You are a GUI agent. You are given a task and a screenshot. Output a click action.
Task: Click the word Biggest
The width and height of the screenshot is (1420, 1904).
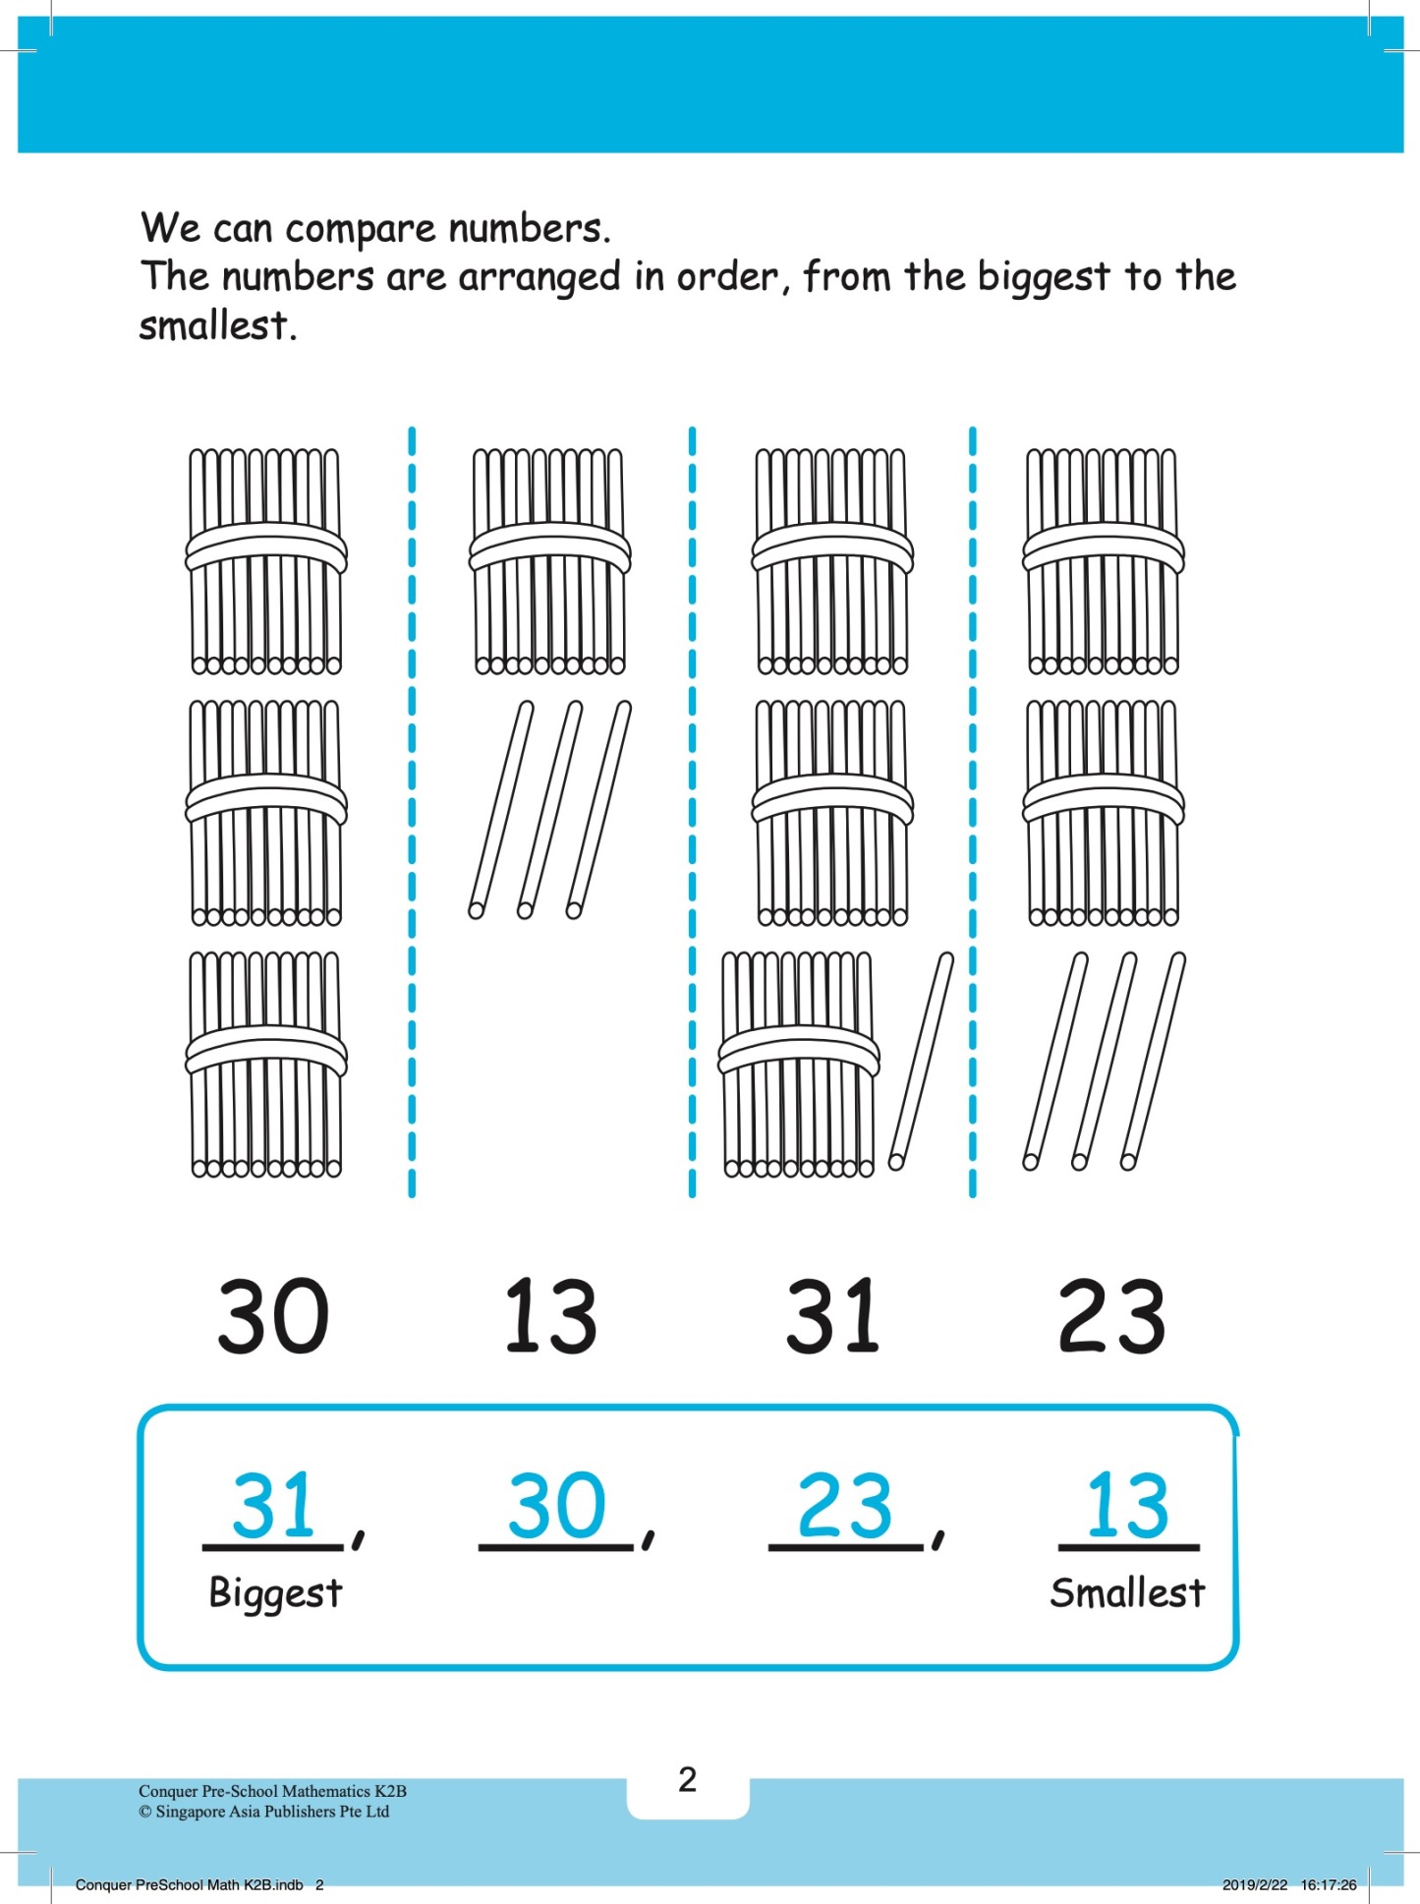pos(275,1593)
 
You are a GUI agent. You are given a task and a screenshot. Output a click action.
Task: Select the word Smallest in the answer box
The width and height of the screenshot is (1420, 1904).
pos(1127,1591)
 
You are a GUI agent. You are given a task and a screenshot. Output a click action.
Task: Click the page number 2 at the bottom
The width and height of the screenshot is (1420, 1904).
pos(687,1779)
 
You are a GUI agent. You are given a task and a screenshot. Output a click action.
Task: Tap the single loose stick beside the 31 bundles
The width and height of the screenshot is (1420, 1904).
pos(921,1061)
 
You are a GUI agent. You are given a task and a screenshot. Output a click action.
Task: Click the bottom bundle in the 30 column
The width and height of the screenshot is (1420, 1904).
pos(266,1065)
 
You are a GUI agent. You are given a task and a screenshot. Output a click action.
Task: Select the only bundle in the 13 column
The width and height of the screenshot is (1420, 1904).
pos(549,561)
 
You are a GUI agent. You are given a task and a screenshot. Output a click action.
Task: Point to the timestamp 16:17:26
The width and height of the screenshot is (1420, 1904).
pos(1329,1884)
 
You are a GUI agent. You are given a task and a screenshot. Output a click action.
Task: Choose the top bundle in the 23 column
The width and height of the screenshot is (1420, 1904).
pos(1104,561)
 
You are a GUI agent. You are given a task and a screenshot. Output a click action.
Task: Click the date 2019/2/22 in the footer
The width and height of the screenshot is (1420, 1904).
pos(1255,1884)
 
